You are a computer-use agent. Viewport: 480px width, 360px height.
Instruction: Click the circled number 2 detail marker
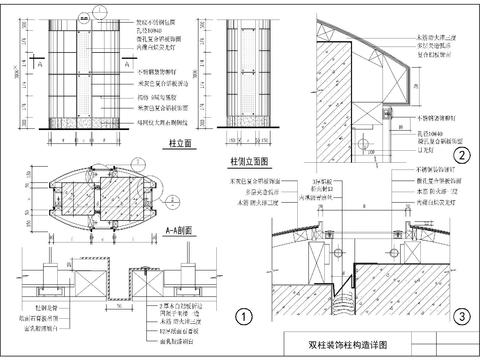point(462,154)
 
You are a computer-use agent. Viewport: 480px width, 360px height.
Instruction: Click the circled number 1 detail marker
point(241,318)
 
